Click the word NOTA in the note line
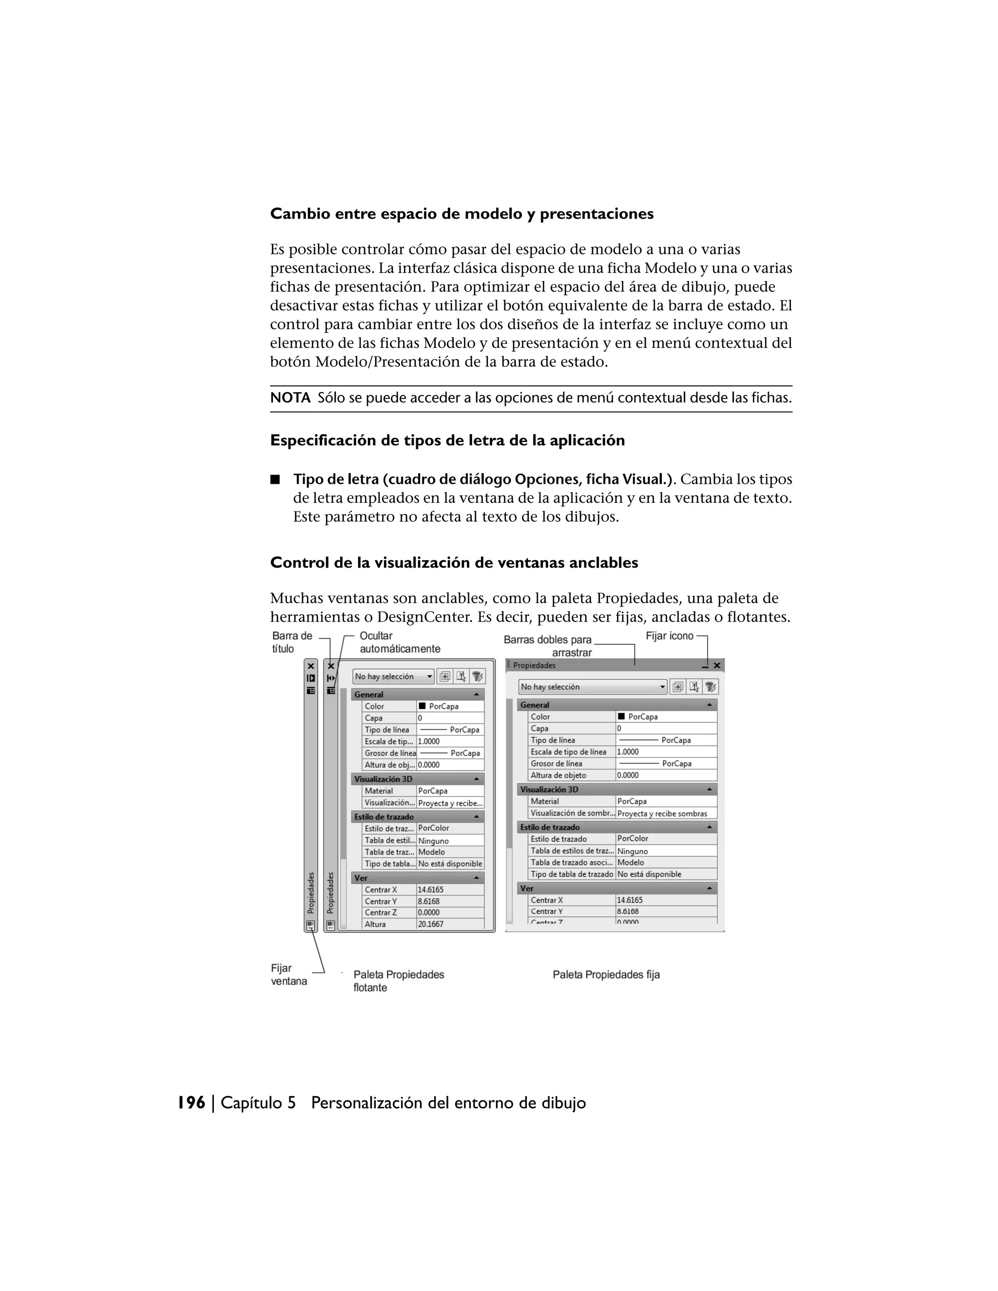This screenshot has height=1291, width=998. coord(290,399)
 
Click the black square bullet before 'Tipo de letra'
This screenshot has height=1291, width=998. coord(275,479)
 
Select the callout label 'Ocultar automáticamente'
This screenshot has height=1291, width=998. coord(399,642)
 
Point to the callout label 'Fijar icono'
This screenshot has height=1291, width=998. coord(669,636)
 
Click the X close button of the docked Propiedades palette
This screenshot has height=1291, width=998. coord(717,665)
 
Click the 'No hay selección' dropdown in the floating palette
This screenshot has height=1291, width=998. coord(393,676)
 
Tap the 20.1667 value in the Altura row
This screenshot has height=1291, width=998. coord(430,924)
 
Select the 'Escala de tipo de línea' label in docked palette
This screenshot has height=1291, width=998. coord(568,752)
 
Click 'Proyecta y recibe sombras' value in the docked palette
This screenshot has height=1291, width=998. coord(662,814)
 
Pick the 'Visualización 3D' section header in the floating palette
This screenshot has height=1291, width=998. coord(383,779)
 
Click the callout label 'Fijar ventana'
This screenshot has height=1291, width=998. coord(288,975)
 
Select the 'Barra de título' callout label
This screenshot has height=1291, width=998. coord(291,642)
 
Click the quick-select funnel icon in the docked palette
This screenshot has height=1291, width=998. coord(710,687)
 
